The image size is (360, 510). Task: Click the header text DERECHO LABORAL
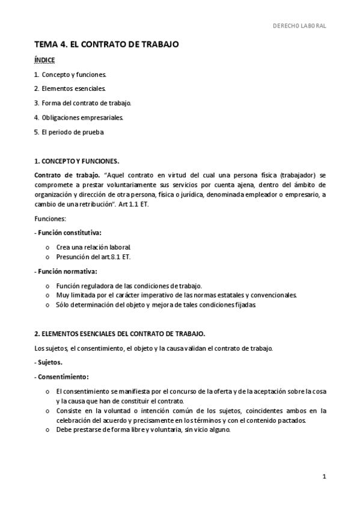click(x=299, y=26)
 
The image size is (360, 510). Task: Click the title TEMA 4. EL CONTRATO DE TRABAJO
click(x=106, y=45)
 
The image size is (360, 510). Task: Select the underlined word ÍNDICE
click(x=44, y=60)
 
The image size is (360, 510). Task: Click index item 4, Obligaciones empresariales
click(x=79, y=117)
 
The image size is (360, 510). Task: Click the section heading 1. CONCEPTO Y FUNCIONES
click(x=76, y=161)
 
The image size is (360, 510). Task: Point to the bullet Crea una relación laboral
click(x=93, y=247)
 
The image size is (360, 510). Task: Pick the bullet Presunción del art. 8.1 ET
click(x=93, y=257)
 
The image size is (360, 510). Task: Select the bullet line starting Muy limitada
click(x=176, y=295)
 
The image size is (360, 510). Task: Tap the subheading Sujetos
click(x=49, y=363)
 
